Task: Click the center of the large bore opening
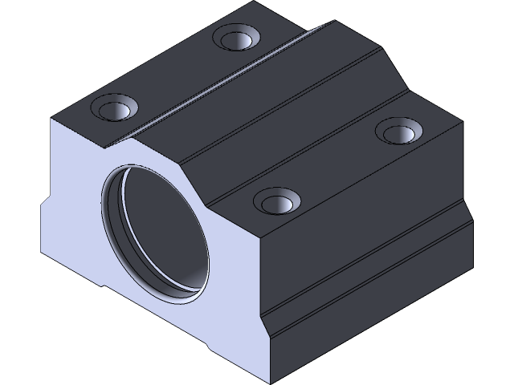coord(155,233)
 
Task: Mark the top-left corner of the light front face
coord(53,121)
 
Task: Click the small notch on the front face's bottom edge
coord(207,347)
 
